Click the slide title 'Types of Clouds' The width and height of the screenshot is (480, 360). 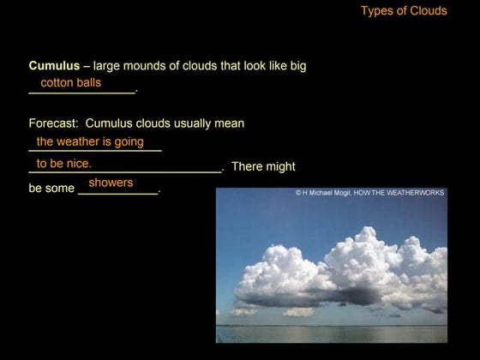404,11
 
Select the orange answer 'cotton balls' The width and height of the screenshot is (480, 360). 71,83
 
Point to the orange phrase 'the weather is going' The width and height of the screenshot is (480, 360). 90,141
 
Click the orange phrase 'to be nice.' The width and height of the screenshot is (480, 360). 64,163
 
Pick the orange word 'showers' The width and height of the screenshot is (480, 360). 111,183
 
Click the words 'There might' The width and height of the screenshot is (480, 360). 263,166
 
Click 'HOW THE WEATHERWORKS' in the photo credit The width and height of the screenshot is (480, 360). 399,193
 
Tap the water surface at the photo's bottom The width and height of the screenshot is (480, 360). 331,333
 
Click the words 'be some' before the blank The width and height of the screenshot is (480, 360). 51,189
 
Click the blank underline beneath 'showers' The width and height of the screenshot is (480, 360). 118,194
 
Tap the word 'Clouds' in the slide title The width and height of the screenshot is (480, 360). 428,11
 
